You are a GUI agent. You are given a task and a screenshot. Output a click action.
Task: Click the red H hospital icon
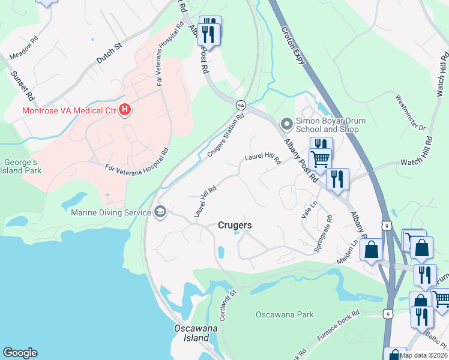pos(125,110)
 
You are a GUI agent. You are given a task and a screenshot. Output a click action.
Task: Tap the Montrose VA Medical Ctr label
pos(68,110)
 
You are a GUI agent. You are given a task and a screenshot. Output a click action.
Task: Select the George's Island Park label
pos(22,166)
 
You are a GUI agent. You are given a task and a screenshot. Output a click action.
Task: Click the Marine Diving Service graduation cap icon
pos(160,211)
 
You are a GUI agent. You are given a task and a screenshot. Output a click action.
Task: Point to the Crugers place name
pos(234,225)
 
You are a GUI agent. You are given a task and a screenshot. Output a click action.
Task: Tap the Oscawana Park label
pos(285,314)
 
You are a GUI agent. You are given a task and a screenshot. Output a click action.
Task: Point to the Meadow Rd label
pos(24,46)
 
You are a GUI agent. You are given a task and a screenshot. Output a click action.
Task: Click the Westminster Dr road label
pos(411,112)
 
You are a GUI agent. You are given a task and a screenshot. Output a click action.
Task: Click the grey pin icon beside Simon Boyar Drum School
pos(287,125)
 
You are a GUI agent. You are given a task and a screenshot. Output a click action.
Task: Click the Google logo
pos(20,352)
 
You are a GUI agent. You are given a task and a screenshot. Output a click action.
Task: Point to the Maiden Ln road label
pos(346,251)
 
